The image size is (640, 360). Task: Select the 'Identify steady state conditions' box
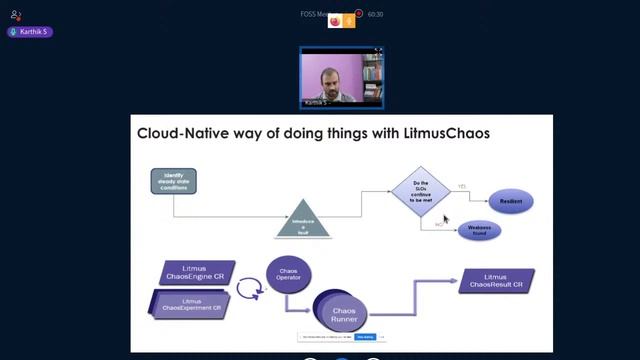173,181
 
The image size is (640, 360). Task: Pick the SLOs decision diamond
422,190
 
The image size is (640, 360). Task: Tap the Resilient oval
510,201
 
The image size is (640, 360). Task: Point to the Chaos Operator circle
287,273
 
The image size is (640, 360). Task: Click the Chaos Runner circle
343,314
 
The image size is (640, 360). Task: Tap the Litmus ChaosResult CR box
495,281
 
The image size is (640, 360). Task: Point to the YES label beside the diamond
462,187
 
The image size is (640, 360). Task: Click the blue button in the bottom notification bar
364,337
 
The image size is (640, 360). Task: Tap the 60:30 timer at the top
375,15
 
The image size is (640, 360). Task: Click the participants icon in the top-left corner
16,15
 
